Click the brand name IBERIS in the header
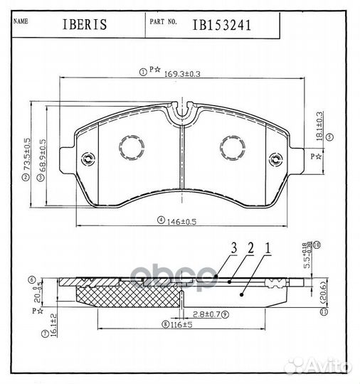(84, 25)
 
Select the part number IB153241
(222, 25)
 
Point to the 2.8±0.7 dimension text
(211, 313)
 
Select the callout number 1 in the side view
(268, 248)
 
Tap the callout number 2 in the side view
(250, 248)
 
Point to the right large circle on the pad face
(233, 147)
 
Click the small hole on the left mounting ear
(88, 159)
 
